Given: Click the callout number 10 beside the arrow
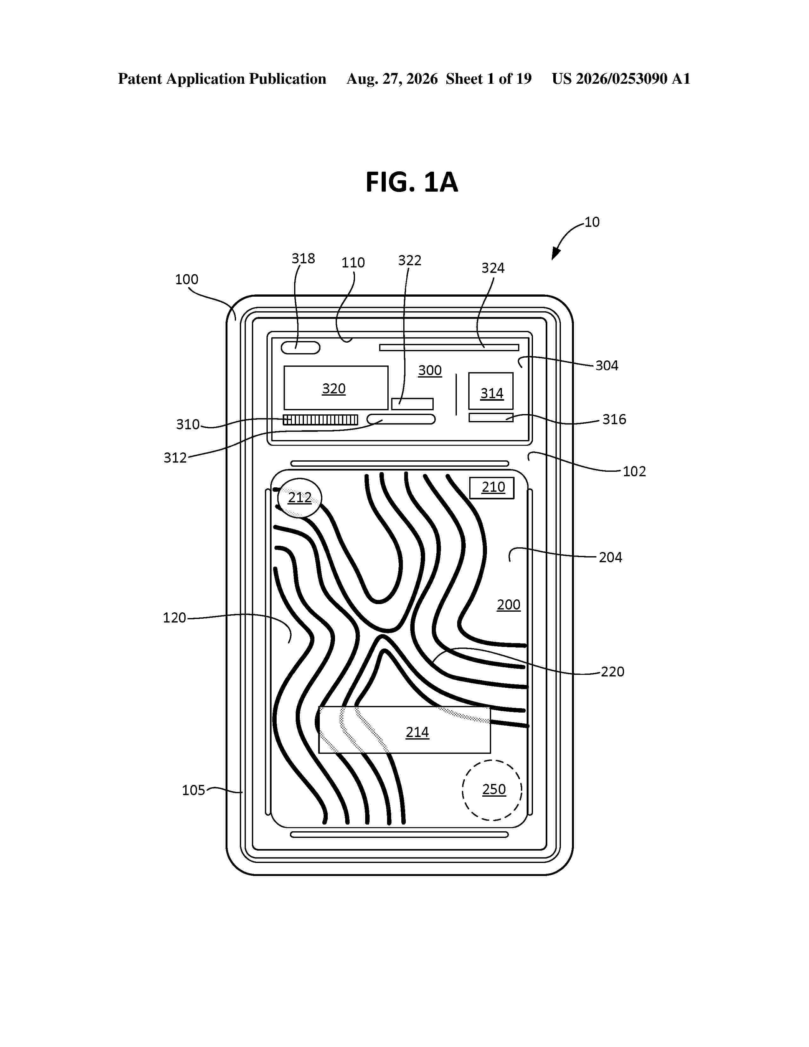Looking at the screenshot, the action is point(592,222).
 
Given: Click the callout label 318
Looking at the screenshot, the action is point(303,258).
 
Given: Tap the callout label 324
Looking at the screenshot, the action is point(493,268).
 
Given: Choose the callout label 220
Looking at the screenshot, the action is point(613,672).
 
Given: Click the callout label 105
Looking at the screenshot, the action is point(194,790).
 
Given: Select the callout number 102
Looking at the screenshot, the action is point(634,471).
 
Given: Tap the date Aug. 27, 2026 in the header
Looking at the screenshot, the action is point(392,79).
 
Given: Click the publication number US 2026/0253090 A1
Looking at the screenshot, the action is point(621,79).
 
